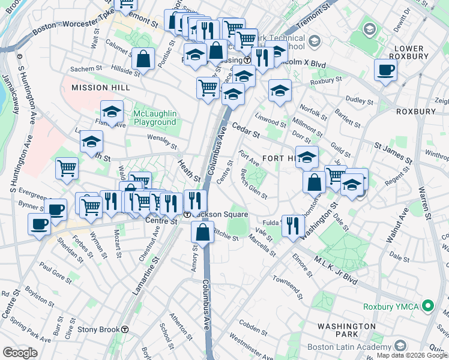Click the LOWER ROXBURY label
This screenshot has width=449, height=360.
(x=410, y=52)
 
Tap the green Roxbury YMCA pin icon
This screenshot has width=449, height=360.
(x=428, y=306)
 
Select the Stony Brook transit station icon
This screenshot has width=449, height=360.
(x=125, y=329)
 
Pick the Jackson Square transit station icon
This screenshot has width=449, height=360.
(x=187, y=214)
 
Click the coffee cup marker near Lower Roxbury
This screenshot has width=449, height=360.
(x=385, y=70)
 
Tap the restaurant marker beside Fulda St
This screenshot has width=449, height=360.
(x=292, y=225)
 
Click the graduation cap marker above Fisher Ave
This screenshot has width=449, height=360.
(x=111, y=112)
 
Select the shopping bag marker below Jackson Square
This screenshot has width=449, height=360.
(x=203, y=232)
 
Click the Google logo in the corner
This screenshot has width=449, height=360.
(x=20, y=353)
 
